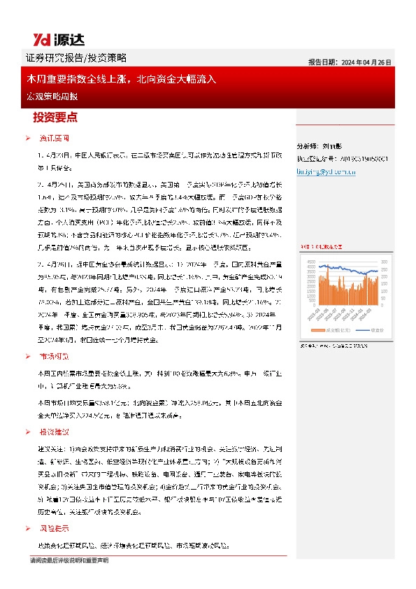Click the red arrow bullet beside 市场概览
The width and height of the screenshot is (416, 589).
coord(27,357)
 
